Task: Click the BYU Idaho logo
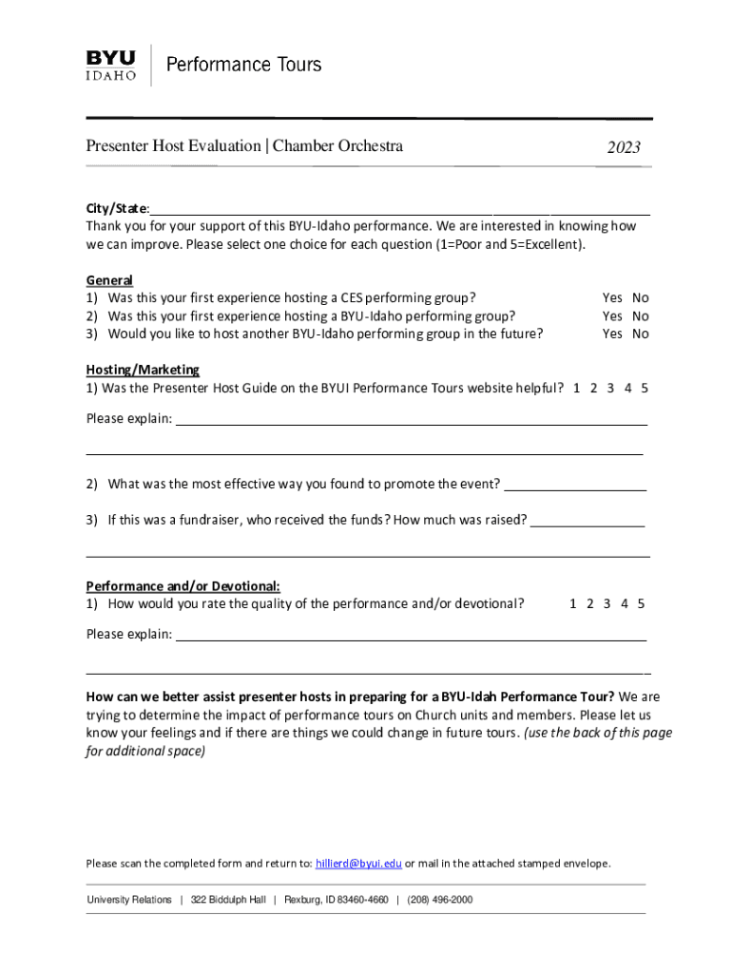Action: (x=110, y=65)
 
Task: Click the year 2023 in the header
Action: (x=624, y=147)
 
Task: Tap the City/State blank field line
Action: (x=399, y=210)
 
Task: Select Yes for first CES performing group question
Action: (x=612, y=297)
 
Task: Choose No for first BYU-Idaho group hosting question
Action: (x=641, y=315)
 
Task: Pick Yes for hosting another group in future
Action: (x=612, y=334)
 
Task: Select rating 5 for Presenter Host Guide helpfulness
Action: (x=645, y=388)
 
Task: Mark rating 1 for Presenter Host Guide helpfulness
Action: (x=577, y=388)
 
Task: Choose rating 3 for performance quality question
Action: (x=607, y=603)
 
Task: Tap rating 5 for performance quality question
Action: (x=641, y=603)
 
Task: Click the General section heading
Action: (x=109, y=280)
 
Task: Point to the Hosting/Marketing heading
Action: (x=143, y=370)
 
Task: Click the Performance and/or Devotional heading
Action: (x=183, y=586)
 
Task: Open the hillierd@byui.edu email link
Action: (x=358, y=864)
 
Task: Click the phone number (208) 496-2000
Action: (x=439, y=900)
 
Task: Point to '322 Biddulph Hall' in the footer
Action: (x=228, y=900)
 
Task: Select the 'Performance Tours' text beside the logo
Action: (x=244, y=65)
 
